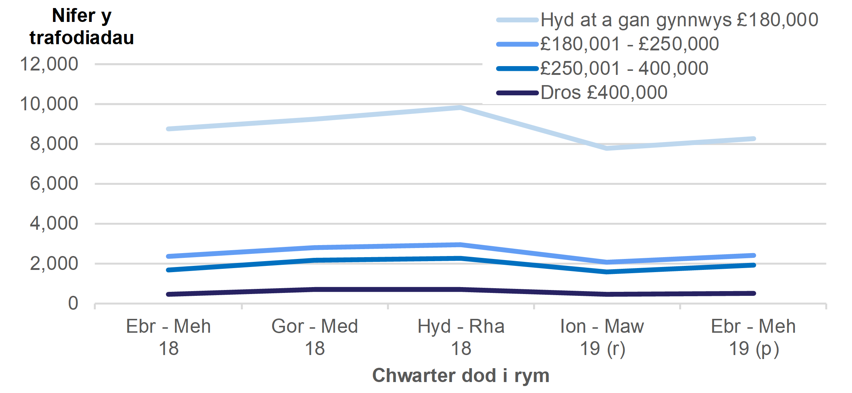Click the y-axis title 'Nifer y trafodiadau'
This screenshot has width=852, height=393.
81,27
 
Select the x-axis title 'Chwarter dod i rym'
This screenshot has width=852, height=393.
460,375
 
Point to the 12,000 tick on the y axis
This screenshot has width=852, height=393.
49,64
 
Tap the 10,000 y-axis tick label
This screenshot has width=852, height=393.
49,104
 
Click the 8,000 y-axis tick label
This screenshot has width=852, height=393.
54,144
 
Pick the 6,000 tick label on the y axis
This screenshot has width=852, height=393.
54,184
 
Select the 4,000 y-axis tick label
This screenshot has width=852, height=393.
54,224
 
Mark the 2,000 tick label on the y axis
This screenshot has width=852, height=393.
54,264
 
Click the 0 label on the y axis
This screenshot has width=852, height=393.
73,304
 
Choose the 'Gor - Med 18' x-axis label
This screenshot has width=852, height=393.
315,337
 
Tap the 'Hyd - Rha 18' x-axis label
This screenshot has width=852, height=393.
461,337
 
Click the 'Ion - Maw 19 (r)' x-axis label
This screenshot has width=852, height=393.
602,337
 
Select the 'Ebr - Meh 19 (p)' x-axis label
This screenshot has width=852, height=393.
753,337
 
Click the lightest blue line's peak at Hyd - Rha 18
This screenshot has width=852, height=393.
461,107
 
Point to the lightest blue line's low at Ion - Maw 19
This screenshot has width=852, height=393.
607,148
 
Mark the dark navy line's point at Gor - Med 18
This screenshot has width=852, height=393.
315,289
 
